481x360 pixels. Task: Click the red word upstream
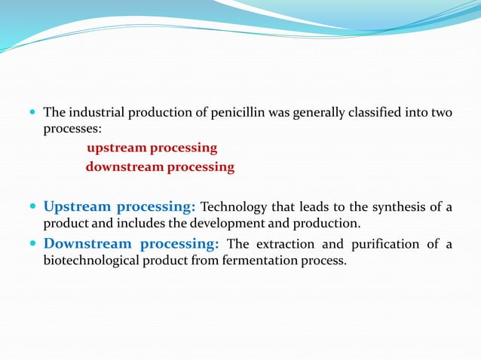[x=116, y=148]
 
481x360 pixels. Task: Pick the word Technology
[x=233, y=207]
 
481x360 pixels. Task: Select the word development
[x=223, y=224]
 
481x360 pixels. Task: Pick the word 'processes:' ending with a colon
[x=72, y=130]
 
